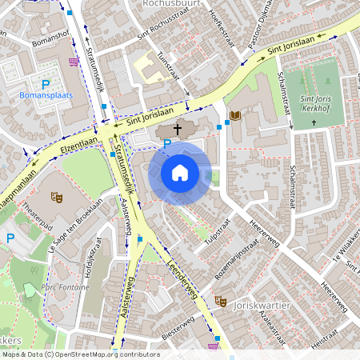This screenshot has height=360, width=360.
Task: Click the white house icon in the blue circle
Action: pyautogui.click(x=180, y=172)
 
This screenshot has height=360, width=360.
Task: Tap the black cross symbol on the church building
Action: pyautogui.click(x=177, y=127)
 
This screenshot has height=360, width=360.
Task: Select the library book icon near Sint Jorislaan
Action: pyautogui.click(x=234, y=116)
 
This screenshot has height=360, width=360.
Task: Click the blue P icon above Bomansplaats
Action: pyautogui.click(x=46, y=85)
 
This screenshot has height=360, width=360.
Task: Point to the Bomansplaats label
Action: pyautogui.click(x=46, y=96)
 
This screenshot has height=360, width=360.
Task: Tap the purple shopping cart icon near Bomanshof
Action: pyautogui.click(x=74, y=60)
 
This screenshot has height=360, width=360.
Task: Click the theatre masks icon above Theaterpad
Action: pyautogui.click(x=57, y=194)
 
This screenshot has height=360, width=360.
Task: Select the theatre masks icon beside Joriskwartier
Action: pyautogui.click(x=220, y=300)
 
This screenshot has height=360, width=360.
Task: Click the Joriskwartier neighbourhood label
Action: pyautogui.click(x=259, y=305)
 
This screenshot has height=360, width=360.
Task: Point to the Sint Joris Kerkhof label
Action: pyautogui.click(x=314, y=103)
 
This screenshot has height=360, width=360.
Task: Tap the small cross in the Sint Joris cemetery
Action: pyautogui.click(x=314, y=122)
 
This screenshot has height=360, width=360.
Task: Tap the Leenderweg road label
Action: pyautogui.click(x=184, y=278)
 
